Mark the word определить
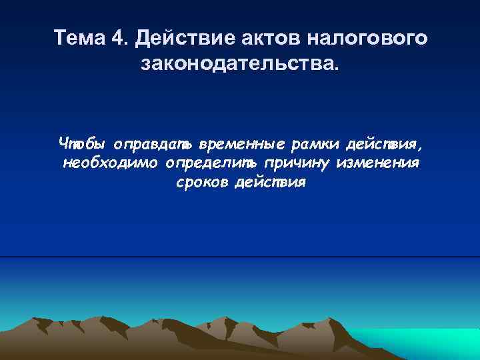point(212,163)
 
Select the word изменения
point(378,163)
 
